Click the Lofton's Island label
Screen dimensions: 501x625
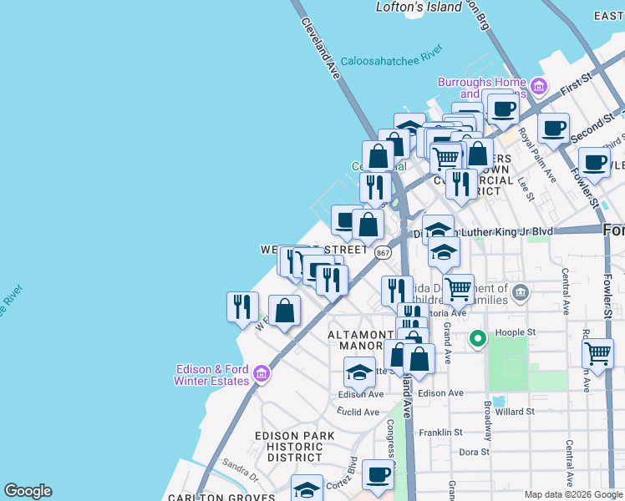point(419,7)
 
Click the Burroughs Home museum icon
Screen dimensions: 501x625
point(538,85)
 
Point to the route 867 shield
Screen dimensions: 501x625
point(383,251)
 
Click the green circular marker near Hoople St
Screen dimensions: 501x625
point(477,338)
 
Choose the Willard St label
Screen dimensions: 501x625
point(514,412)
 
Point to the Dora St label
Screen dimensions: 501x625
point(474,453)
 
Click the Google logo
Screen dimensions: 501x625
point(28,491)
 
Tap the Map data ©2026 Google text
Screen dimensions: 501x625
point(573,494)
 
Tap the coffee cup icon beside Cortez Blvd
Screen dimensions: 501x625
point(378,474)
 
